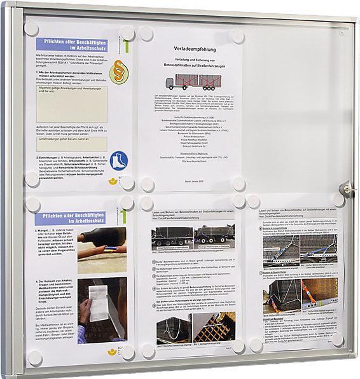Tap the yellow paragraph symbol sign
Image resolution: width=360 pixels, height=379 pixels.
click(x=119, y=73)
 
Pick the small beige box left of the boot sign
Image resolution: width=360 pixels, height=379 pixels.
click(x=71, y=144)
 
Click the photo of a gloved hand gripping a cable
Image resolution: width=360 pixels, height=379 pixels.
click(x=102, y=241)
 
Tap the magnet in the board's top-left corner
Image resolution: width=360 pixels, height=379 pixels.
click(x=31, y=29)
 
